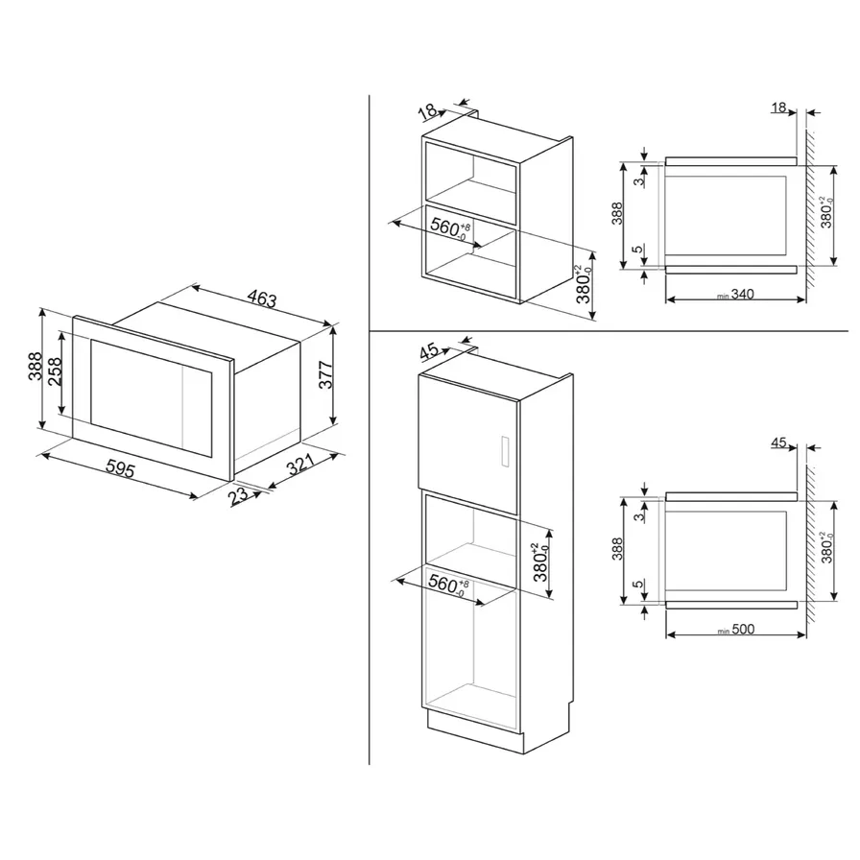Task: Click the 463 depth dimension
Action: [258, 299]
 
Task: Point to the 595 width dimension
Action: [119, 470]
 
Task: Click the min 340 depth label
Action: [733, 294]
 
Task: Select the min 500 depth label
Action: [735, 630]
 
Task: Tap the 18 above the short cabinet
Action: [429, 112]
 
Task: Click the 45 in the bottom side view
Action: [777, 443]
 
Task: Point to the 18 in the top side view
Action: [777, 108]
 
